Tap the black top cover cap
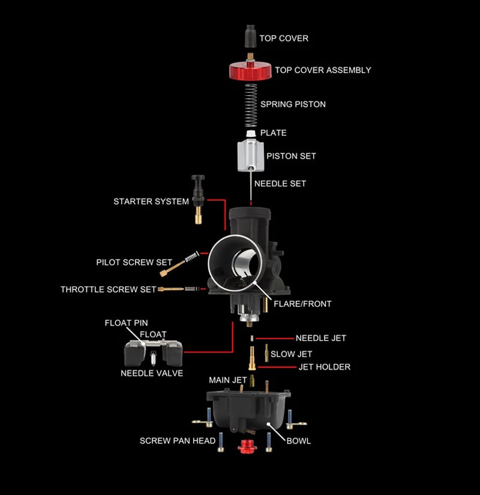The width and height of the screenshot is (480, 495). [250, 37]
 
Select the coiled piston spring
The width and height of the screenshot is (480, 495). [250, 103]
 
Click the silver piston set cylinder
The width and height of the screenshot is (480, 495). [250, 155]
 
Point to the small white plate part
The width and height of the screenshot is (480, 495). [250, 132]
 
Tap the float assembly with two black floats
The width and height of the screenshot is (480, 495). [152, 354]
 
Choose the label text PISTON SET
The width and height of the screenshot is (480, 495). [291, 156]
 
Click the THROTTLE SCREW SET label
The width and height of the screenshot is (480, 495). [108, 289]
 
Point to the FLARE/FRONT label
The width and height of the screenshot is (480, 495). [302, 304]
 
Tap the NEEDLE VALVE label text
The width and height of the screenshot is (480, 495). [152, 373]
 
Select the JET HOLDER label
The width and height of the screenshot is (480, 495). [325, 367]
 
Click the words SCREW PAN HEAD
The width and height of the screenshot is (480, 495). [178, 440]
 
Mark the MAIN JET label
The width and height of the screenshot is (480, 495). [227, 380]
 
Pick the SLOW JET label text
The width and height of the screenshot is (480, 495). [292, 354]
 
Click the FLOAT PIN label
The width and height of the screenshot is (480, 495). [126, 323]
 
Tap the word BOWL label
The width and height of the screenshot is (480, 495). [299, 440]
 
